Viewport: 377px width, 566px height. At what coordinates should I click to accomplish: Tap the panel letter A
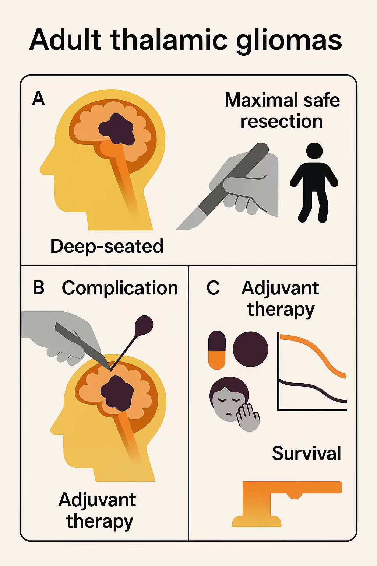pyautogui.click(x=39, y=99)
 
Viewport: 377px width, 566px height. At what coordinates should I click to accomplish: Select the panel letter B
pyautogui.click(x=39, y=288)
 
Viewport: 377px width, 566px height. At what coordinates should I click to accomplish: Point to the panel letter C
pyautogui.click(x=213, y=288)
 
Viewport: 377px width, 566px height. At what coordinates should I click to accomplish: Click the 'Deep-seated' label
pyautogui.click(x=107, y=246)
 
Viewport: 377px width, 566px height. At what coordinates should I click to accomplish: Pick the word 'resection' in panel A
pyautogui.click(x=282, y=122)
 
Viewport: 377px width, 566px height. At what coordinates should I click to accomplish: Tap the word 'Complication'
pyautogui.click(x=120, y=288)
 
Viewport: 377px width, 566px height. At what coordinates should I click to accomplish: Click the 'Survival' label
pyautogui.click(x=307, y=453)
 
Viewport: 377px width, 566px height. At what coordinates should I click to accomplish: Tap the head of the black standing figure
pyautogui.click(x=314, y=151)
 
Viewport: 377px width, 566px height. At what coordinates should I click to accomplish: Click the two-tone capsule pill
pyautogui.click(x=217, y=350)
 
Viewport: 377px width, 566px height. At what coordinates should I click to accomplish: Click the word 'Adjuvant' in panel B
pyautogui.click(x=97, y=500)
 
